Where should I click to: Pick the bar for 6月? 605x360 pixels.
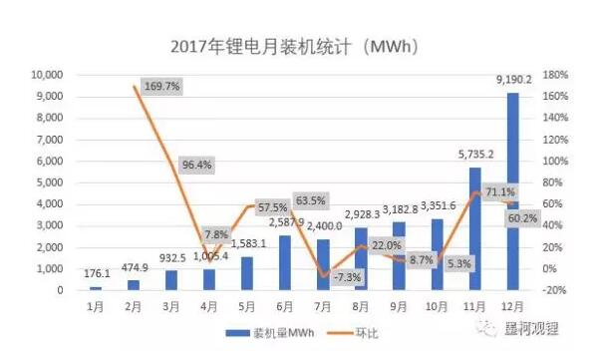coord(284,262)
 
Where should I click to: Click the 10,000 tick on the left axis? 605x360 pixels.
coord(47,75)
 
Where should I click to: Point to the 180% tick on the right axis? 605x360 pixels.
coord(555,75)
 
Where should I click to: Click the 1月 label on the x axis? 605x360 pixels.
coord(95,305)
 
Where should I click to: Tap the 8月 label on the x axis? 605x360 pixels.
coord(367,305)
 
